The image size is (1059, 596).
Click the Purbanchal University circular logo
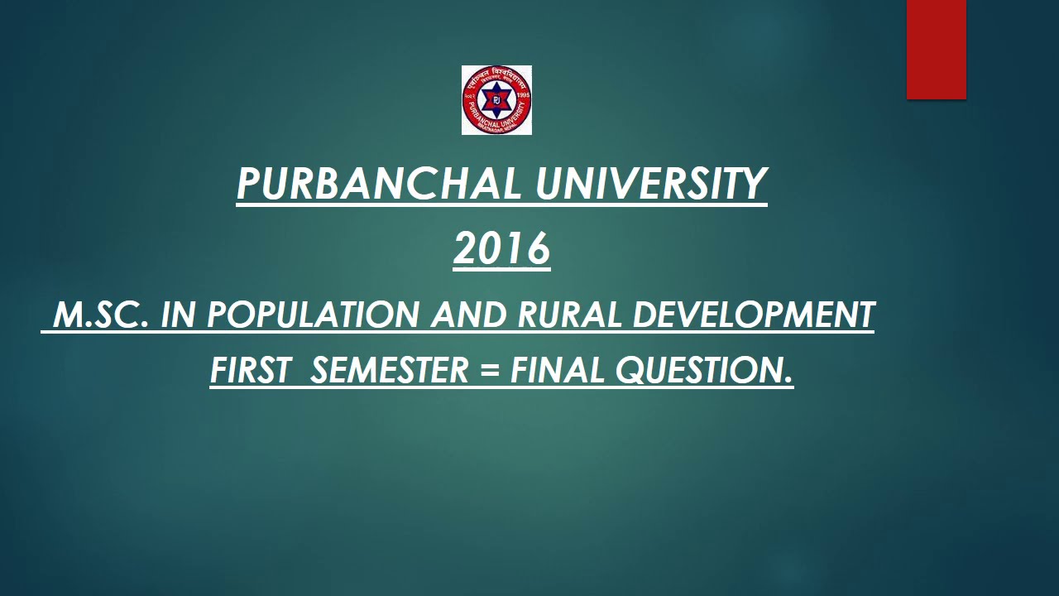[x=496, y=100]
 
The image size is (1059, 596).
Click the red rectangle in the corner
[x=936, y=50]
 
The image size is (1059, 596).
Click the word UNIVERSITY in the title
[x=651, y=185]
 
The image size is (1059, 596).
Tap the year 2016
[x=501, y=248]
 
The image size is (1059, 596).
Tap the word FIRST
[x=250, y=371]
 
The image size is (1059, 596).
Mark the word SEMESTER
[x=389, y=371]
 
